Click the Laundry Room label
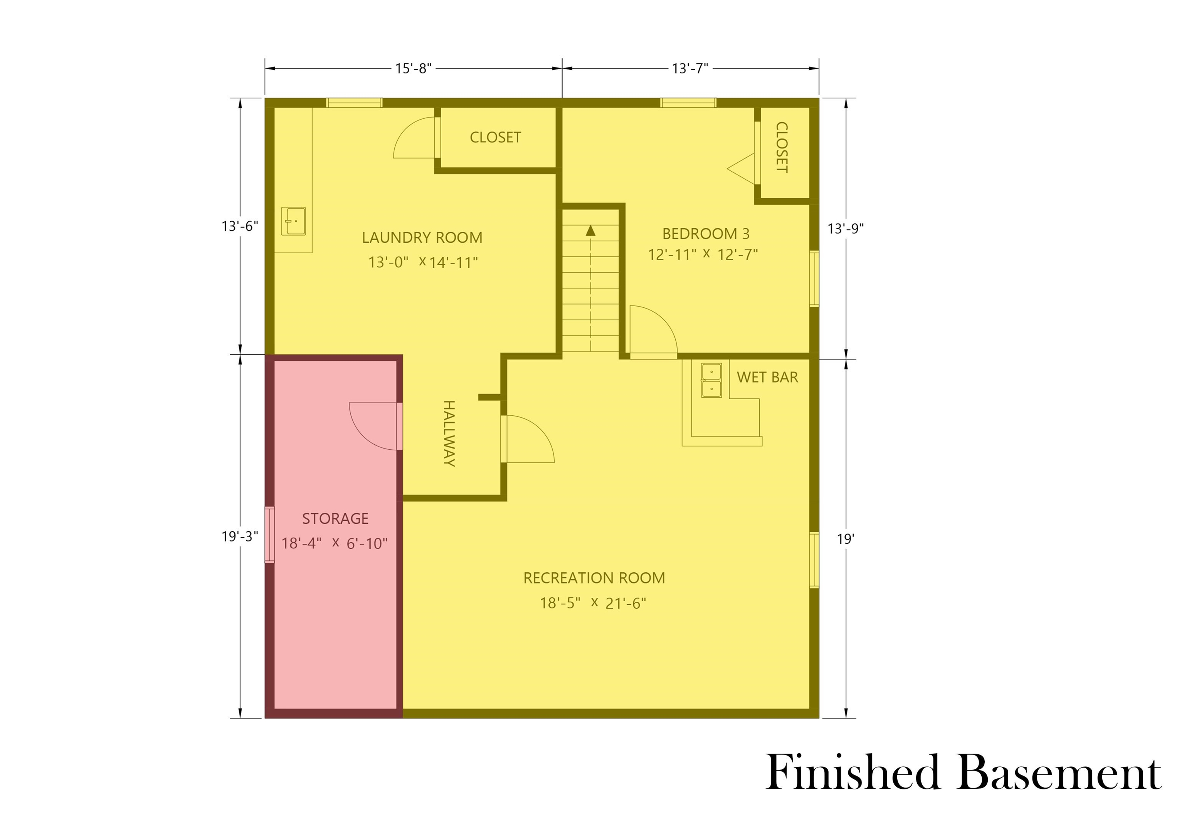coord(422,238)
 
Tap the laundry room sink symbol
coord(293,221)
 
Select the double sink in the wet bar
coord(711,380)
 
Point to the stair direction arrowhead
coord(590,231)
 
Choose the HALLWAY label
coord(449,433)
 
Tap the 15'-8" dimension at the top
coord(413,68)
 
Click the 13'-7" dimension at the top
coord(690,68)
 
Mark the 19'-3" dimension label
coord(240,536)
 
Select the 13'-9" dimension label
coord(846,229)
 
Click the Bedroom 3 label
coord(706,234)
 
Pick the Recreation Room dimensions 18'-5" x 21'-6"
coord(593,603)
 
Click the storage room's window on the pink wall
coord(269,535)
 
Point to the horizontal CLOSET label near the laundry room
coord(495,137)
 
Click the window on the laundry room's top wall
coord(354,103)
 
